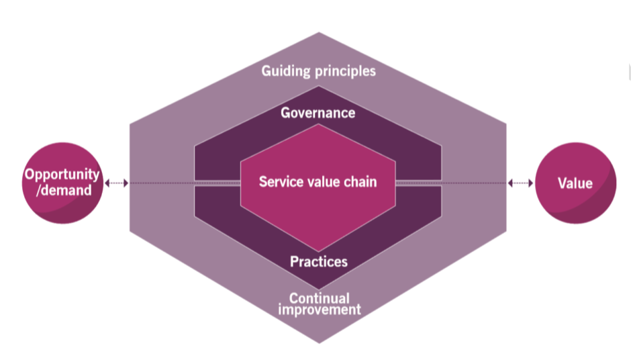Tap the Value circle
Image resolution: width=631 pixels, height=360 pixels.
(575, 183)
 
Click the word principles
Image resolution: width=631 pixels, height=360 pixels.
(345, 71)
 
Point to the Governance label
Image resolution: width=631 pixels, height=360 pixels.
(318, 112)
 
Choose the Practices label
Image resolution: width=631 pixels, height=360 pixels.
(318, 261)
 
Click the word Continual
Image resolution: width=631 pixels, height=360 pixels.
(319, 298)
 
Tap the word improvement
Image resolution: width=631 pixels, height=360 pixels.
(319, 310)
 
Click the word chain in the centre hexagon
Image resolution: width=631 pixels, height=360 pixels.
(359, 182)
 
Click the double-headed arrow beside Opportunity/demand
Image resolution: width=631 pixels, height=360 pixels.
(116, 183)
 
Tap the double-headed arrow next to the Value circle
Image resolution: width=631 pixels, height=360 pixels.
(521, 183)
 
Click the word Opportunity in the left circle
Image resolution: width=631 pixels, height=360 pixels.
(62, 175)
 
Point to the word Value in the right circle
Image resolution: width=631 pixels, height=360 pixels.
(575, 183)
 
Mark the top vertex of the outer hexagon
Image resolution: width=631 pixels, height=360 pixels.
(318, 33)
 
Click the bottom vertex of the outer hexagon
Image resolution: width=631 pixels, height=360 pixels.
(318, 342)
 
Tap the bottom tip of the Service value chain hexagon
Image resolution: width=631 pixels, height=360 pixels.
(318, 251)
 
